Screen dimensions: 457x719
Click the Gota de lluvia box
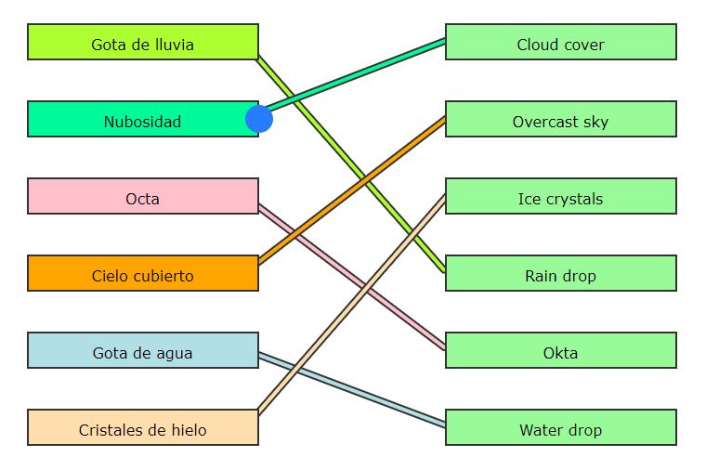pyautogui.click(x=143, y=43)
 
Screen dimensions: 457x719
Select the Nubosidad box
pyautogui.click(x=143, y=120)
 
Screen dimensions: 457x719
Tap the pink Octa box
pyautogui.click(x=143, y=197)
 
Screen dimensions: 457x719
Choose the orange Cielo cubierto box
pyautogui.click(x=143, y=274)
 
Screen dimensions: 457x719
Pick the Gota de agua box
pyautogui.click(x=143, y=351)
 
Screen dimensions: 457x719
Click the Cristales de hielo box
pyautogui.click(x=143, y=428)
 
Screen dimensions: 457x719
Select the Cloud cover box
pyautogui.click(x=561, y=43)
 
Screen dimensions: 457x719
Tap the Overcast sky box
pyautogui.click(x=561, y=120)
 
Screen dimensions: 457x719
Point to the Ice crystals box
pyautogui.click(x=561, y=197)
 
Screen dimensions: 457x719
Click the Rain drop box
pyautogui.click(x=561, y=274)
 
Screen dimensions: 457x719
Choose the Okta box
pyautogui.click(x=561, y=351)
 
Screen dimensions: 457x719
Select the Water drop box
pyautogui.click(x=561, y=428)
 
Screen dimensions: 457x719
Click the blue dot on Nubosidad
pyautogui.click(x=259, y=119)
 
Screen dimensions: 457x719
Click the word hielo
pyautogui.click(x=187, y=430)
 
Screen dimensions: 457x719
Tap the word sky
pyautogui.click(x=595, y=122)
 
